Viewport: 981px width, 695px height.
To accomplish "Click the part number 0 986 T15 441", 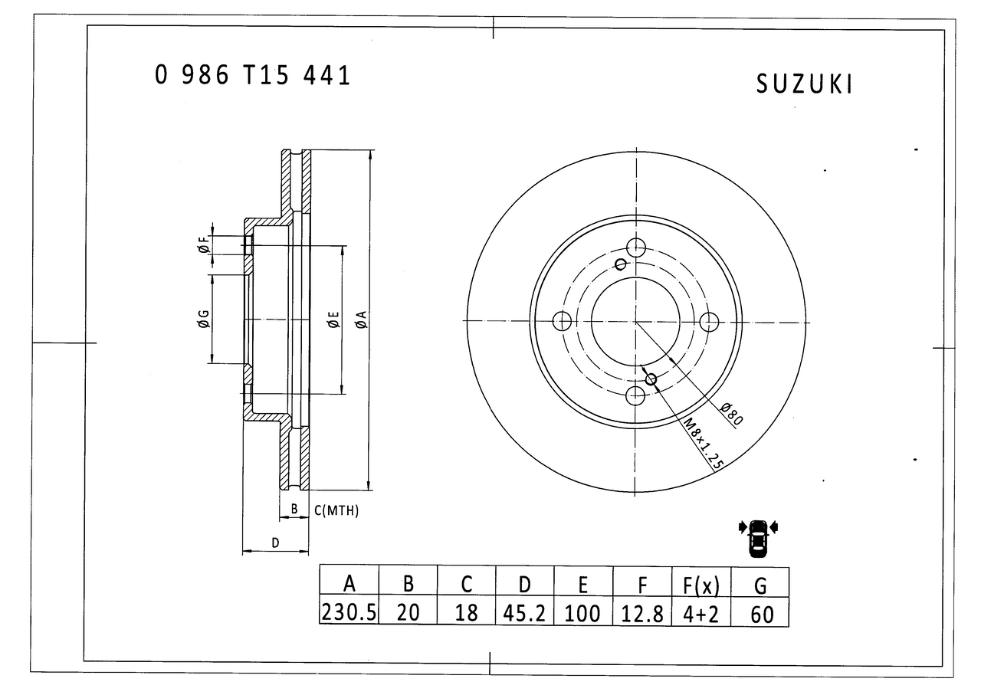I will tap(252, 75).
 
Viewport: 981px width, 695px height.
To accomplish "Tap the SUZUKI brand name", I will tap(804, 84).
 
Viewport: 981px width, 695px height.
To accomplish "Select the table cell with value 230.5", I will tap(349, 612).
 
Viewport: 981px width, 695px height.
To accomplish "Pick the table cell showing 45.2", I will tap(524, 612).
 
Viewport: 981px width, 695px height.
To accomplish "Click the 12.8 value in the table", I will tap(642, 612).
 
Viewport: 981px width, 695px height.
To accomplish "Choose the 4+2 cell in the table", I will tap(701, 612).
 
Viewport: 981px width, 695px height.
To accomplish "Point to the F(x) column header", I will tap(701, 585).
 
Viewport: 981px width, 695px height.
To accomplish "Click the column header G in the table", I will tap(760, 585).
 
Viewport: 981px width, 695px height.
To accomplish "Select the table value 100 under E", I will tap(582, 612).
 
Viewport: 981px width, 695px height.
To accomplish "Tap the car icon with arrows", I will tap(758, 536).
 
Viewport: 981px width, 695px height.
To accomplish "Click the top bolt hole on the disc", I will tap(635, 247).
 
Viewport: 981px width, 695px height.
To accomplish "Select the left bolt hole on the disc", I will tap(562, 320).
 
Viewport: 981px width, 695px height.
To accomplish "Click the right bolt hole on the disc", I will tap(709, 320).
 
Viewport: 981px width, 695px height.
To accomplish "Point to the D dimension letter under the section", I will tap(275, 543).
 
